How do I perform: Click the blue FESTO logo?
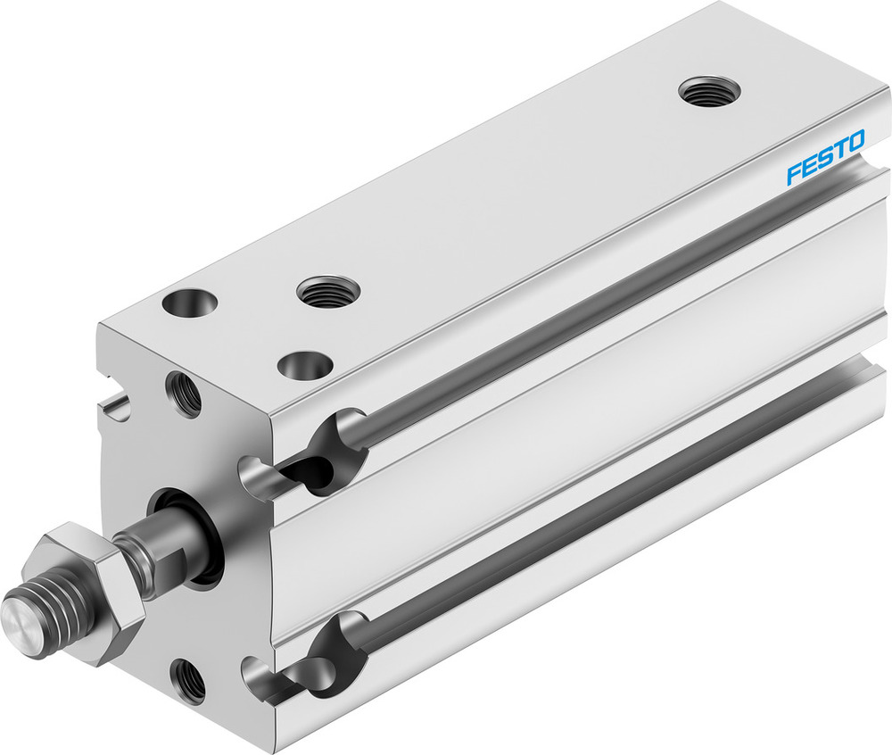pos(825,158)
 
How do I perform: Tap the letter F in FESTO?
pos(792,174)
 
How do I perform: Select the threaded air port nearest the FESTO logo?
pos(709,90)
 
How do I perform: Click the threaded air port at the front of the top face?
pos(327,290)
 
